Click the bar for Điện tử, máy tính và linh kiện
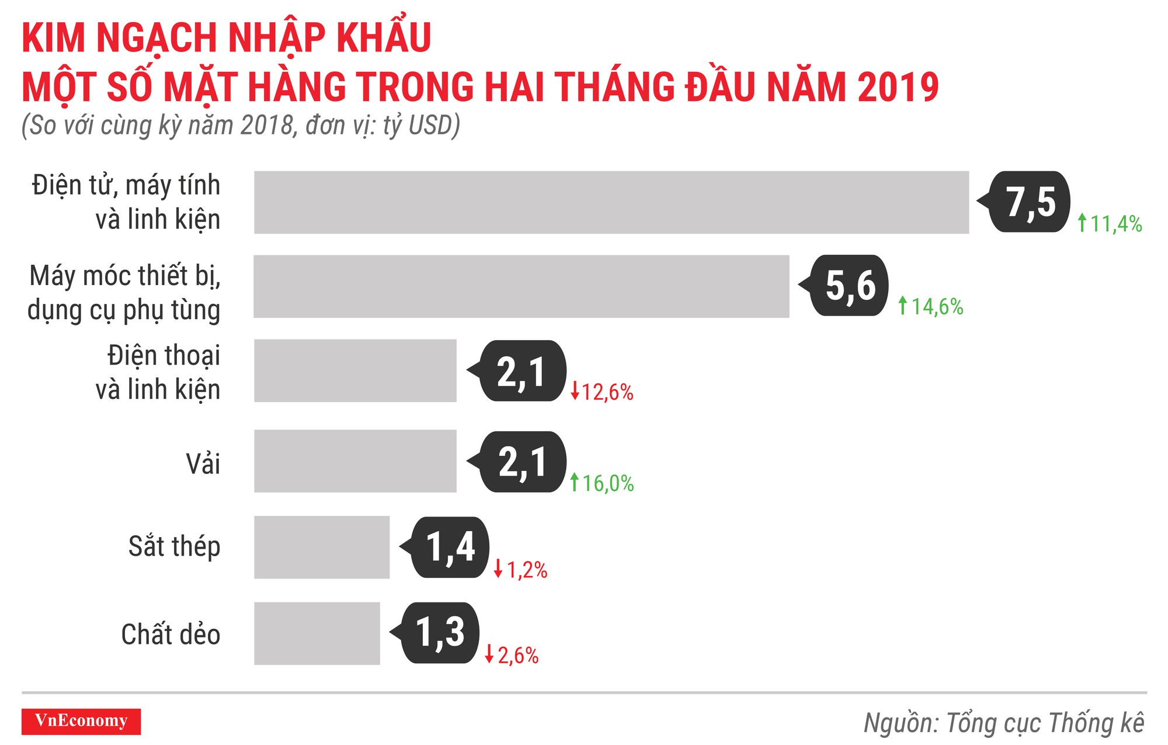coord(611,202)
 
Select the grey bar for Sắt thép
coord(321,547)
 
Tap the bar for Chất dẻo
coord(317,633)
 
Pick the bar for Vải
coord(355,461)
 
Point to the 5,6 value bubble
coord(850,285)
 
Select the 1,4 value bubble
coord(450,547)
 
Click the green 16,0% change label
coord(602,483)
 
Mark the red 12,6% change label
coord(602,391)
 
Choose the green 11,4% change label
coord(1110,223)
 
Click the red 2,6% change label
coord(512,655)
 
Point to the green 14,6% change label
coord(930,306)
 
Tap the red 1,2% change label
coord(520,569)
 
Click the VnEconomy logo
coord(81,721)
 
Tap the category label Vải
coord(203,464)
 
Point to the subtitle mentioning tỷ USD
coord(241,125)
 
